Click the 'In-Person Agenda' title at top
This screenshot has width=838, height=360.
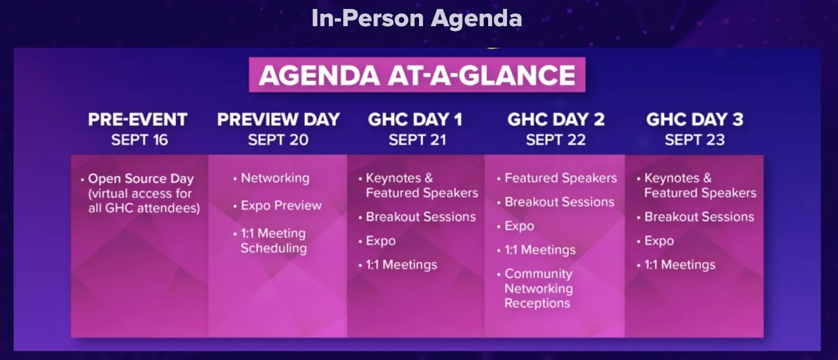416,18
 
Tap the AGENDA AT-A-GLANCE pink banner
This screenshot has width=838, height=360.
417,75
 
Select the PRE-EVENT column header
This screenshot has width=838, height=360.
138,119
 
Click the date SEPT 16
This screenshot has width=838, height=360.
139,140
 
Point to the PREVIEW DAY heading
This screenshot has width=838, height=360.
278,119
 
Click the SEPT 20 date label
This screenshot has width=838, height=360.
278,140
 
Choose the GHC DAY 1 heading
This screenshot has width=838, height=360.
415,119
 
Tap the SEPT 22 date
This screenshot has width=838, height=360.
556,140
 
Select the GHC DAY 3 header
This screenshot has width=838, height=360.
694,119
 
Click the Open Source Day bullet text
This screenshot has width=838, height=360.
141,193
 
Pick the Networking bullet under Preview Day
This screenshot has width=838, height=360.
275,178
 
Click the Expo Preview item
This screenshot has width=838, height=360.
281,205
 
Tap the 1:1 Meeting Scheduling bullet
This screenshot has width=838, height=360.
273,241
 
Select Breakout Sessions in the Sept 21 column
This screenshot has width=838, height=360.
421,217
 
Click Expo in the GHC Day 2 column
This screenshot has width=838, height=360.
519,226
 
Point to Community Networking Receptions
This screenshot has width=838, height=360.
538,288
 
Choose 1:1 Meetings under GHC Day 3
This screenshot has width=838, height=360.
679,265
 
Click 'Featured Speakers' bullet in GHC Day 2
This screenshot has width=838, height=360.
560,178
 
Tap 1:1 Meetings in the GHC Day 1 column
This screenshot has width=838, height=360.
401,265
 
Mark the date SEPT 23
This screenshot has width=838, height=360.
694,140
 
